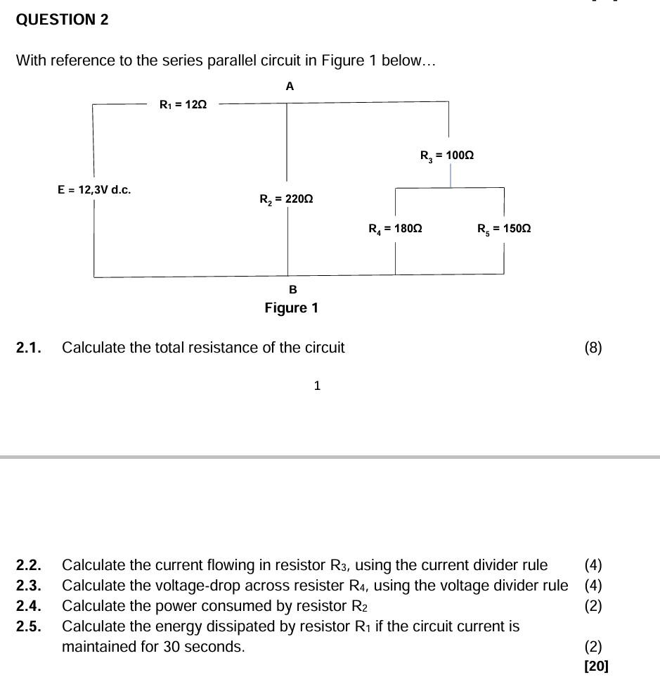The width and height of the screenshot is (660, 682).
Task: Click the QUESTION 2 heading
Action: click(x=62, y=20)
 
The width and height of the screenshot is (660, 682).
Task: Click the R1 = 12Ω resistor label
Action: click(x=183, y=105)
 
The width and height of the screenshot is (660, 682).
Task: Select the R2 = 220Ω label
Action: click(x=286, y=199)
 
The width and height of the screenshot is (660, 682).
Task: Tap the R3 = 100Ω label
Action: click(x=447, y=156)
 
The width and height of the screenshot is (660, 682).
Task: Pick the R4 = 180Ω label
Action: click(x=395, y=229)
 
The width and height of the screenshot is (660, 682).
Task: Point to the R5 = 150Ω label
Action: click(x=504, y=229)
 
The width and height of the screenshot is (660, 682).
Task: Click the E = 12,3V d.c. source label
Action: click(x=94, y=190)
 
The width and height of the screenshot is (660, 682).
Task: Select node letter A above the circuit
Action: click(x=290, y=87)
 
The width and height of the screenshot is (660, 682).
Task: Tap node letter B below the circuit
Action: click(x=293, y=289)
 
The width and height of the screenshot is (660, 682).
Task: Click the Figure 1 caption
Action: click(x=291, y=308)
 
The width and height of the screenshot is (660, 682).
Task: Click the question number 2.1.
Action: click(x=29, y=348)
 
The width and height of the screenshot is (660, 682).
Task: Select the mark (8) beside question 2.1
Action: click(x=593, y=348)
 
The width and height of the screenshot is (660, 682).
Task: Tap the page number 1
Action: click(x=317, y=386)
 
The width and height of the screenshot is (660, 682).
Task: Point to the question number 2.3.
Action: click(x=29, y=586)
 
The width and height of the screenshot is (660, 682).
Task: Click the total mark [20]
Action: click(x=596, y=666)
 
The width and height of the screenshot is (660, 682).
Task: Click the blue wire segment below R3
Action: click(x=451, y=176)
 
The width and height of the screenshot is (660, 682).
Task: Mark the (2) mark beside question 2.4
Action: click(x=593, y=606)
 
